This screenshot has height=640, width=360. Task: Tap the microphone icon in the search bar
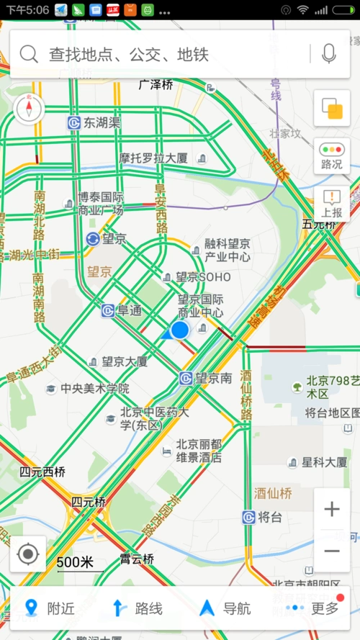coord(329,53)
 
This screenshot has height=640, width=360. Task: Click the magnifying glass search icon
coord(29,53)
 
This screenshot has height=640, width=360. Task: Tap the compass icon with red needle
coord(29,108)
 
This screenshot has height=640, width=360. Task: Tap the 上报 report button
coord(332,204)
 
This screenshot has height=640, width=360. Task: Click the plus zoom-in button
coord(332,510)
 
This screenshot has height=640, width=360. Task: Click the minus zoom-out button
coord(332,551)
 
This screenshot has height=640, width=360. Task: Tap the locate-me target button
coord(28,554)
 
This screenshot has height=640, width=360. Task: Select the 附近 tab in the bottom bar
coord(50,608)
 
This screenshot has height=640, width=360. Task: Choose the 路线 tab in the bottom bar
coord(138,608)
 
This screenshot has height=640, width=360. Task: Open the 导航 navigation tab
coord(226,608)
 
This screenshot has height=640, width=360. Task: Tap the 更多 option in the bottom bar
coord(315,608)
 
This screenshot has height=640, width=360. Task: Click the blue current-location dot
coord(179,330)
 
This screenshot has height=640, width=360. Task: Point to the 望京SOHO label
coord(204,277)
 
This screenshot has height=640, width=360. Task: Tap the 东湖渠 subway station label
coord(102,122)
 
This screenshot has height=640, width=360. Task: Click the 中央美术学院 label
coord(94,389)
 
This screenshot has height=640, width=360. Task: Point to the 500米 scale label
coord(76,562)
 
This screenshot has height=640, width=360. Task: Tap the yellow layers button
coord(332,109)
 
